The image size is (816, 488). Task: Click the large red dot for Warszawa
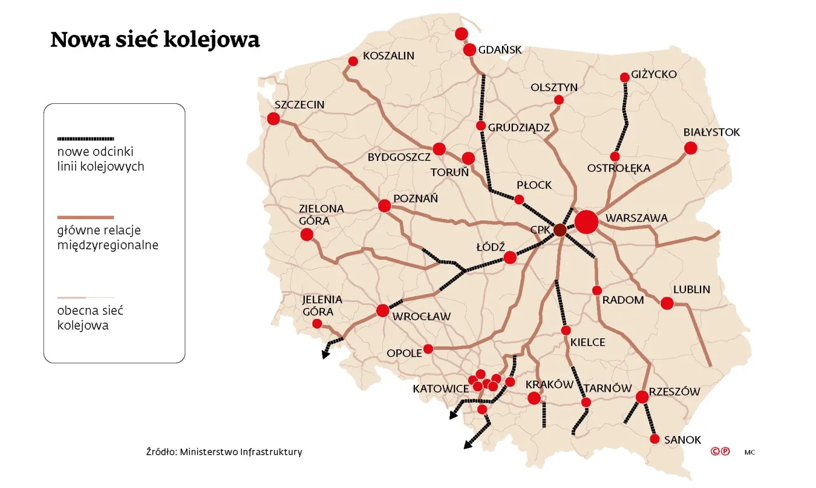click(x=586, y=222)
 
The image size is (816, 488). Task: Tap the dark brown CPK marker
click(x=560, y=230)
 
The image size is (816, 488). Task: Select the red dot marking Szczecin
click(x=273, y=119)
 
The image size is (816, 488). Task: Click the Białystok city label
click(x=711, y=132)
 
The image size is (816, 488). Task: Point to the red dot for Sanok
click(x=654, y=439)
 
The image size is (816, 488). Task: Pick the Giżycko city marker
click(x=625, y=77)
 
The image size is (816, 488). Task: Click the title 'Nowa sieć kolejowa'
click(x=155, y=39)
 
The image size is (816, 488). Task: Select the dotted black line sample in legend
click(x=86, y=139)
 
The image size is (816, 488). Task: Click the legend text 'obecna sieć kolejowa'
click(x=90, y=318)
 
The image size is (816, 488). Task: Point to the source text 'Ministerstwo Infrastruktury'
click(x=241, y=452)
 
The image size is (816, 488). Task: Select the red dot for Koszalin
click(x=353, y=61)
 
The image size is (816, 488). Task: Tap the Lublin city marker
click(x=667, y=303)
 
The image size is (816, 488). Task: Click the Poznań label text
click(x=416, y=199)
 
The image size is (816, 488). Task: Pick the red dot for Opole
click(x=428, y=349)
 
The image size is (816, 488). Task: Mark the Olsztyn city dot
click(x=558, y=100)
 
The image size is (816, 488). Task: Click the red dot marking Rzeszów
click(x=642, y=397)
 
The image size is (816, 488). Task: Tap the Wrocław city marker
click(x=382, y=311)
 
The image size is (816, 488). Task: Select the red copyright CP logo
click(x=720, y=451)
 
